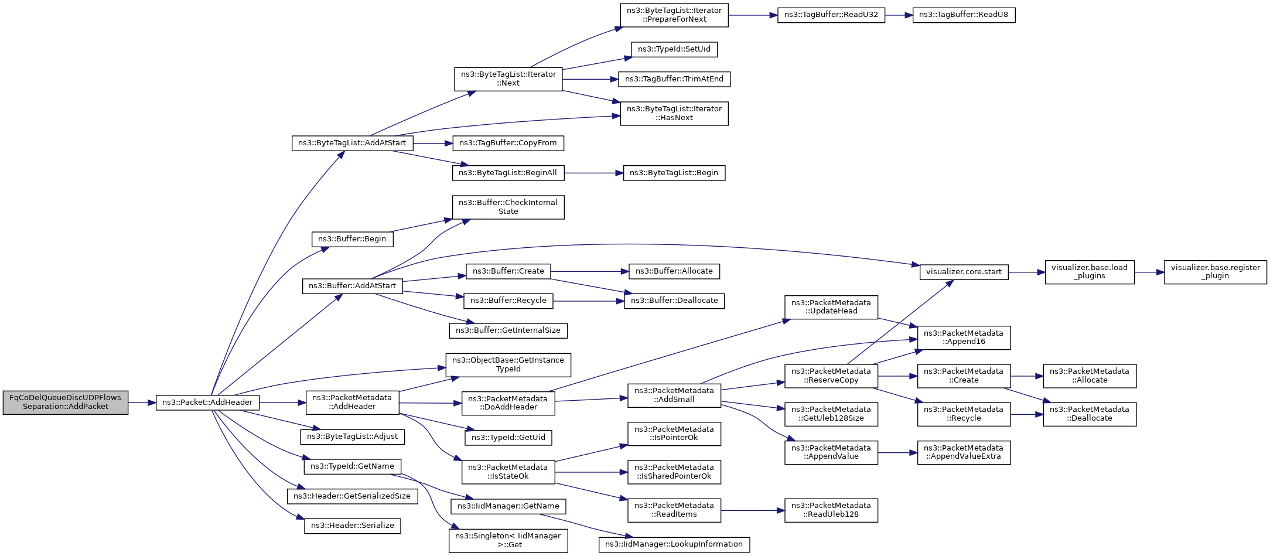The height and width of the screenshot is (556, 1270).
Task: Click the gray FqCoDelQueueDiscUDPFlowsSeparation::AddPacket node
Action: tap(65, 402)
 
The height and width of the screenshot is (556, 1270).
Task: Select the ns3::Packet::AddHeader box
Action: tap(207, 402)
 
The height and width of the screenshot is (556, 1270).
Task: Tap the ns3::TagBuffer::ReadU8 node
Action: tap(963, 15)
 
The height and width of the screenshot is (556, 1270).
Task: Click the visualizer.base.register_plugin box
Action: tap(1215, 272)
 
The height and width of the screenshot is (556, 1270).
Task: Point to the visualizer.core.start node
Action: tap(964, 272)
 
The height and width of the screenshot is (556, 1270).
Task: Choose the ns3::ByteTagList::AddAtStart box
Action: tap(351, 143)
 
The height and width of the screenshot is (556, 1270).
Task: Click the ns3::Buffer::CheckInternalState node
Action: tap(508, 207)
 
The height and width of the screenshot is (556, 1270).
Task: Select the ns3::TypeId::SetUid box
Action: tap(674, 49)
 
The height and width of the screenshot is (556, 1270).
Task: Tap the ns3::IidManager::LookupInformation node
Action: tap(674, 544)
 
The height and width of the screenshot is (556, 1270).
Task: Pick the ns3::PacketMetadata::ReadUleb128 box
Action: tap(831, 510)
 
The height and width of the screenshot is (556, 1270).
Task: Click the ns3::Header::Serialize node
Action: tap(352, 526)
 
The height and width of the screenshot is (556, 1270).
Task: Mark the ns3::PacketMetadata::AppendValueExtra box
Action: tap(963, 452)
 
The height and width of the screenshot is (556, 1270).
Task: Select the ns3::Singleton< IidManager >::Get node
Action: tap(508, 540)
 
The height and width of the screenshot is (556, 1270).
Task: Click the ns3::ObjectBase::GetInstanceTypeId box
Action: tap(508, 365)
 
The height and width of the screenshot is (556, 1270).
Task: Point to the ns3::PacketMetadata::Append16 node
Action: tap(963, 337)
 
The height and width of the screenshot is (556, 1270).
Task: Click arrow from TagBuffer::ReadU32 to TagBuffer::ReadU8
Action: tap(899, 15)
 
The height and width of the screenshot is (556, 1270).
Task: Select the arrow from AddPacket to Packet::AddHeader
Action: tap(142, 402)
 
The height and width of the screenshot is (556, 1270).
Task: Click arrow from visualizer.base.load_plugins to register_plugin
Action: tap(1149, 272)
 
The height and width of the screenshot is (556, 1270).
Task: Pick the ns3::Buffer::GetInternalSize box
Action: tap(508, 330)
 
